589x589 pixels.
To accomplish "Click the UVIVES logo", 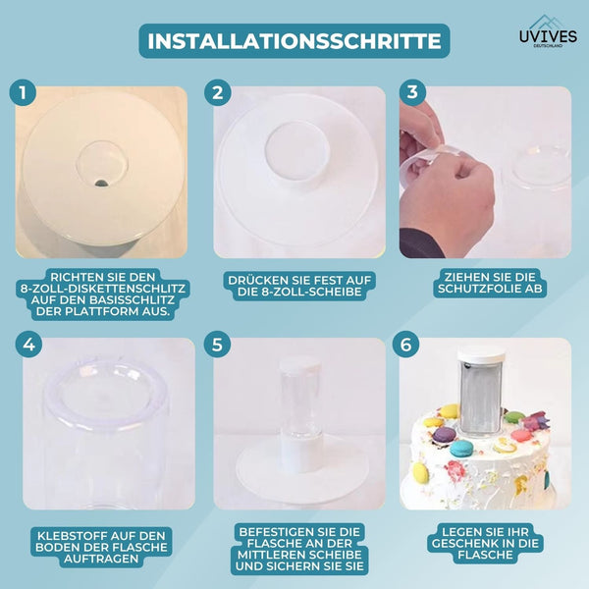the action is click(548, 32).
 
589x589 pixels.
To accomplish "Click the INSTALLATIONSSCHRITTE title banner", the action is click(294, 41).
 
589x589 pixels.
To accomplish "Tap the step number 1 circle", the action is click(23, 92).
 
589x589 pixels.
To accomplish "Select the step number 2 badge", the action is click(218, 92).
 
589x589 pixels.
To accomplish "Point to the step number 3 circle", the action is click(412, 91).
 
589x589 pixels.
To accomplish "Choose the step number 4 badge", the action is click(28, 345).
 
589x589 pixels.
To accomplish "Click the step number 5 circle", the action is click(217, 345).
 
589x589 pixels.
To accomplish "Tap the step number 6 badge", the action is click(405, 345).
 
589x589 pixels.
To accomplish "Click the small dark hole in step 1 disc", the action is click(101, 184).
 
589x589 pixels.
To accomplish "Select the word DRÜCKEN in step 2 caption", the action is click(251, 280).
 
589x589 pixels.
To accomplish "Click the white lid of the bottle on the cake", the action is click(481, 354).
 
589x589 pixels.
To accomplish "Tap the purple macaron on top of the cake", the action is click(445, 435).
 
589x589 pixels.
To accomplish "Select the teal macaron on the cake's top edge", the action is click(461, 449).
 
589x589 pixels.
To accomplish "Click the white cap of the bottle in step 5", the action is click(299, 363).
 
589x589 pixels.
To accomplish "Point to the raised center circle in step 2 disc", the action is click(297, 150).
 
